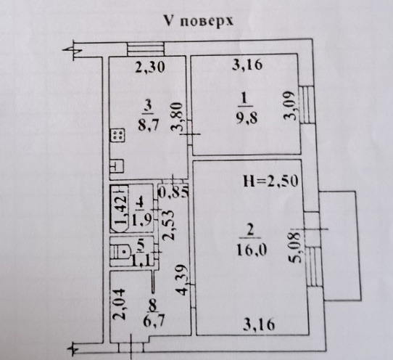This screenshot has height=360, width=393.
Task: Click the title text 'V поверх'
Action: [x=199, y=21]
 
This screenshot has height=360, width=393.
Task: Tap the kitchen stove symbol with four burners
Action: [x=117, y=136]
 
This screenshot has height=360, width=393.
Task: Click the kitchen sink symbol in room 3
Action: [x=117, y=166]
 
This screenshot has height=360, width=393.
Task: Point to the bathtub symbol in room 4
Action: [x=119, y=208]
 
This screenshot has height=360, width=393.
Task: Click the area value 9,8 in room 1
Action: [x=247, y=118]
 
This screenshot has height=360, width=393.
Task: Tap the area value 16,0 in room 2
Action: [x=252, y=250]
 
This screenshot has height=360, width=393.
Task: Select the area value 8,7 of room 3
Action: [x=149, y=125]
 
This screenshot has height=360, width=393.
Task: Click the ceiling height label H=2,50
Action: [x=270, y=181]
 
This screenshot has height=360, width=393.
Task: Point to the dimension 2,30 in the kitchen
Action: [x=150, y=67]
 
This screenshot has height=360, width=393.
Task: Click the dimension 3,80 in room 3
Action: [x=176, y=117]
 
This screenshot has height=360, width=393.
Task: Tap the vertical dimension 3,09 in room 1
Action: [x=289, y=105]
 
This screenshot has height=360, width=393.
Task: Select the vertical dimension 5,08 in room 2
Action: [x=294, y=247]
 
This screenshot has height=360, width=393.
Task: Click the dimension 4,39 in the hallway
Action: [x=182, y=279]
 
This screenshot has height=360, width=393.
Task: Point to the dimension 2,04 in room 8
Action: [x=118, y=305]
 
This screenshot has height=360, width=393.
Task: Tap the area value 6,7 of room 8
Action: [x=154, y=321]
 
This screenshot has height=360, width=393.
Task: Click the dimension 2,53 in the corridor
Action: [x=168, y=225]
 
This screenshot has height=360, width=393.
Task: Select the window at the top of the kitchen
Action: [x=146, y=49]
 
